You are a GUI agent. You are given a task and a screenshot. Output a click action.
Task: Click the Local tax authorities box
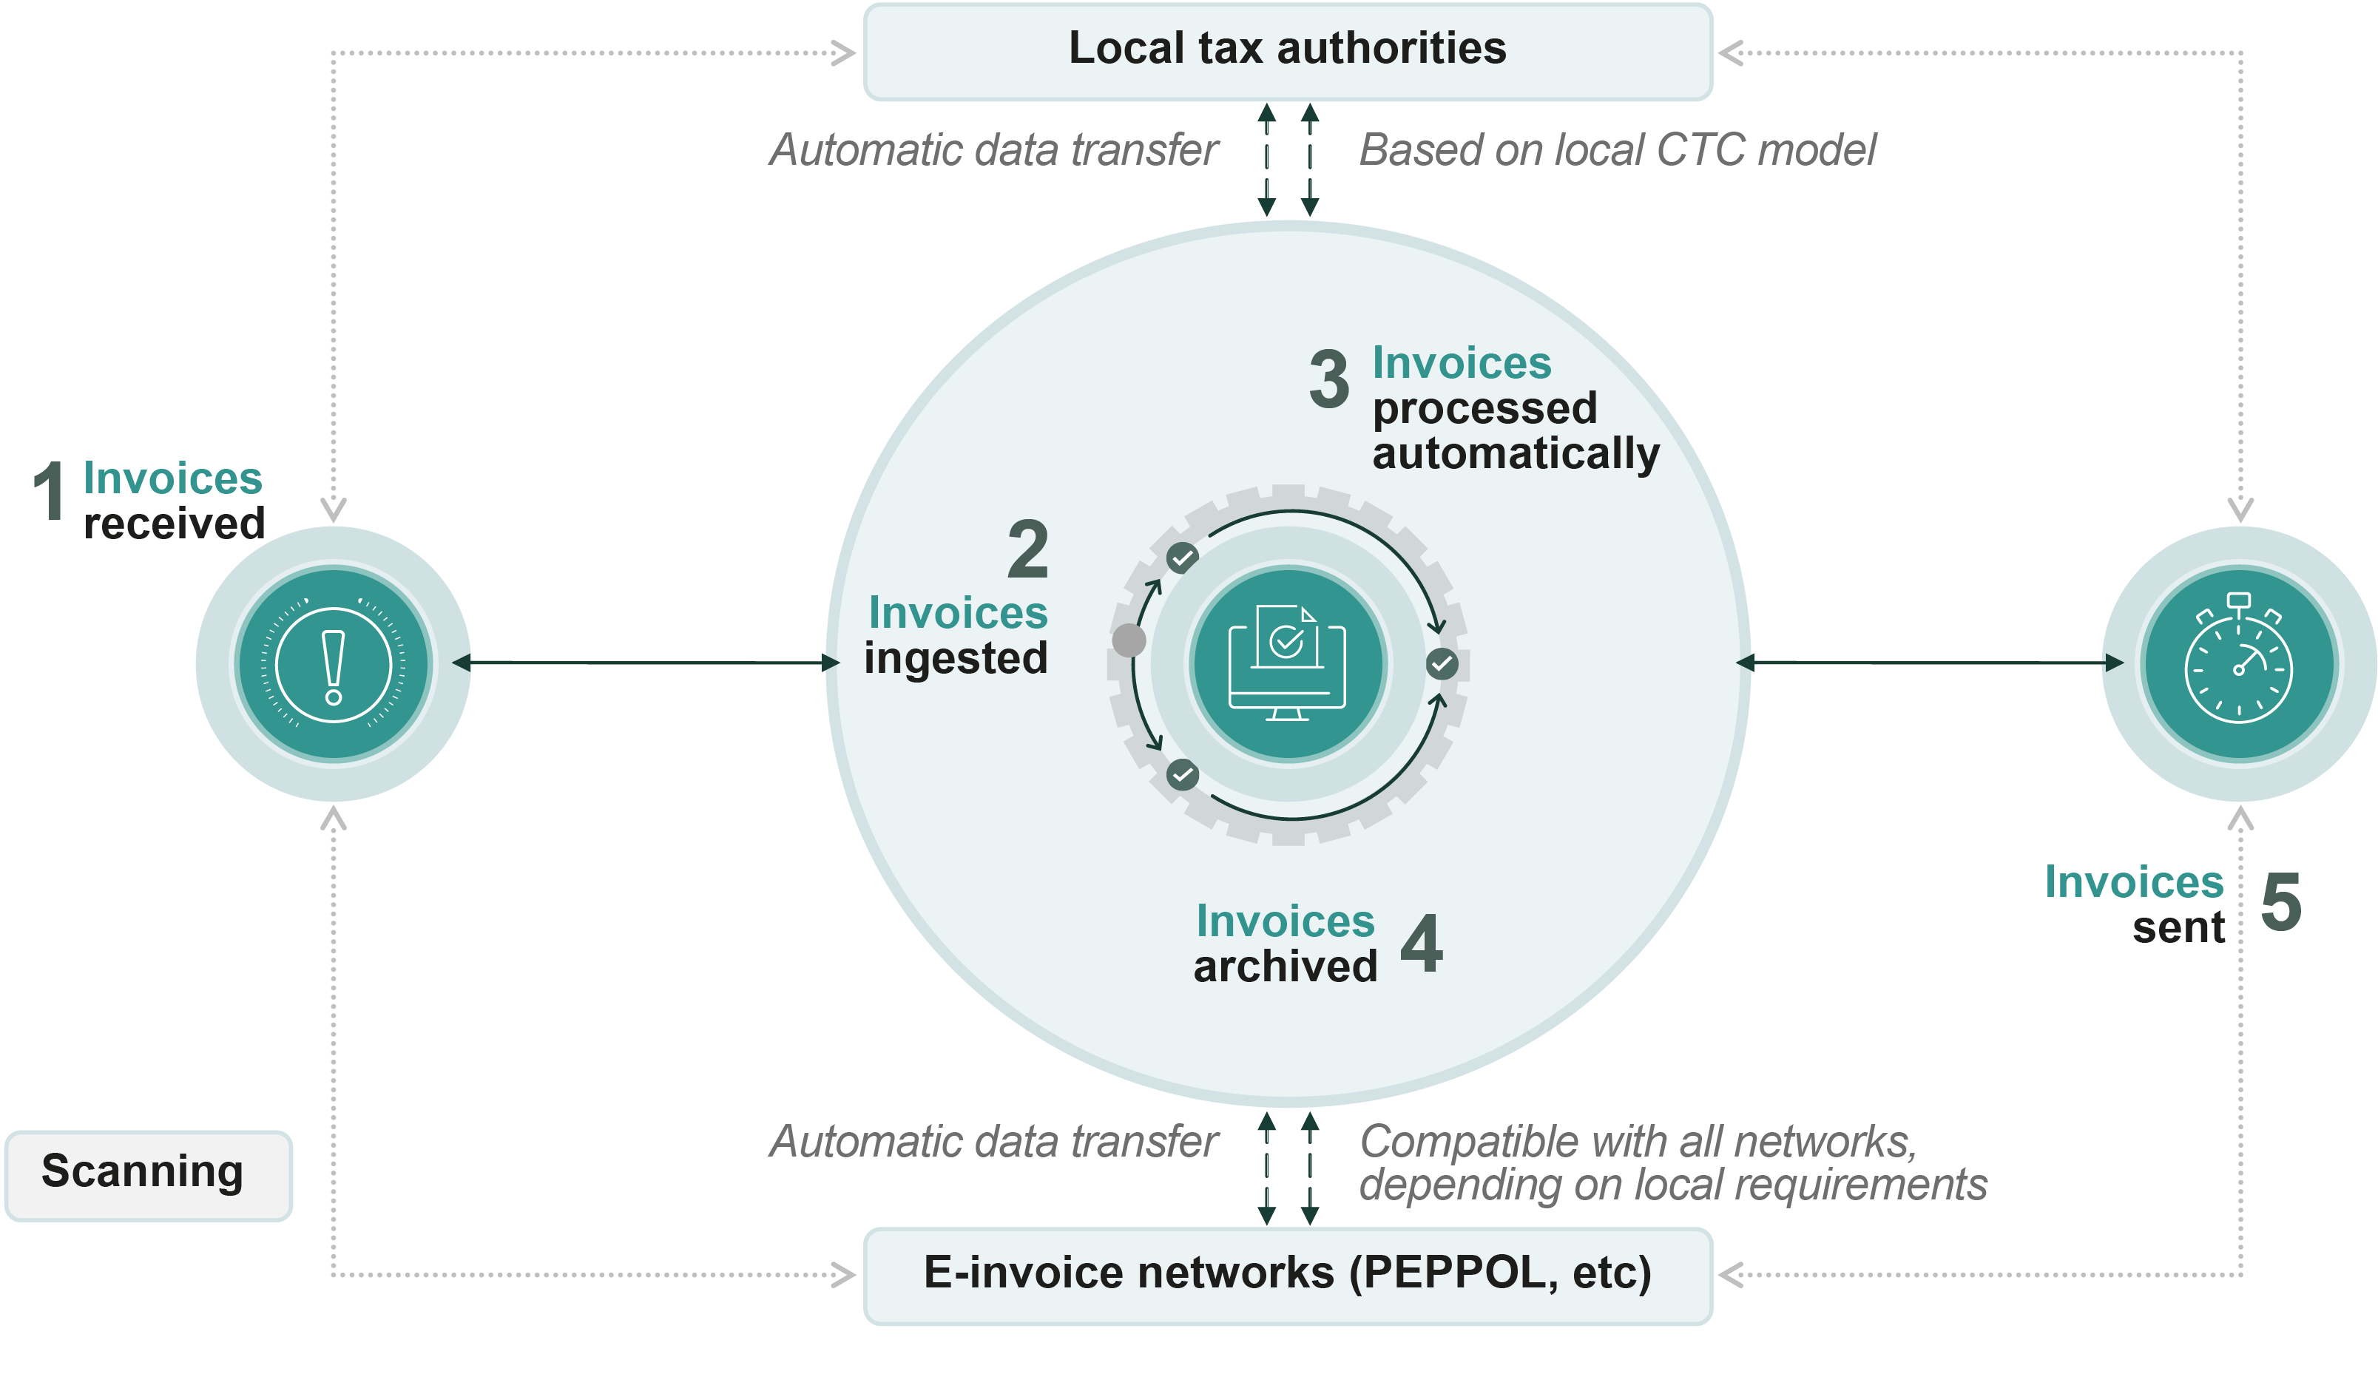[1287, 51]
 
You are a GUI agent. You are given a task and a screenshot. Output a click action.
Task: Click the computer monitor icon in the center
[1288, 664]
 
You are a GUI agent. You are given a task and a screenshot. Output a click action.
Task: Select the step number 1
[49, 491]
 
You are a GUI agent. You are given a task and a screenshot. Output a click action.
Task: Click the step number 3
[1328, 379]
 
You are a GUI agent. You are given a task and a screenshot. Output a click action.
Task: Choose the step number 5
[2281, 902]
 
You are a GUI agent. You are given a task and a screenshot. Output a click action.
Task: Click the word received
[175, 524]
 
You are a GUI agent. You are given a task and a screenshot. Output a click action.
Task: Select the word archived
[1286, 966]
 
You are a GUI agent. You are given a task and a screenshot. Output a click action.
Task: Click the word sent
[2178, 927]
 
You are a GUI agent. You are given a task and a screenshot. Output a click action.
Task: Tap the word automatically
[1515, 454]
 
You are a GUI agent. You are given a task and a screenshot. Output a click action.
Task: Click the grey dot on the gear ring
[1129, 640]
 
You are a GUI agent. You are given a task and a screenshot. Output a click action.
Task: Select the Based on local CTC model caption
[1618, 150]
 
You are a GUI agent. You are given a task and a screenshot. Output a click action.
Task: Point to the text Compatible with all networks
[1638, 1142]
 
